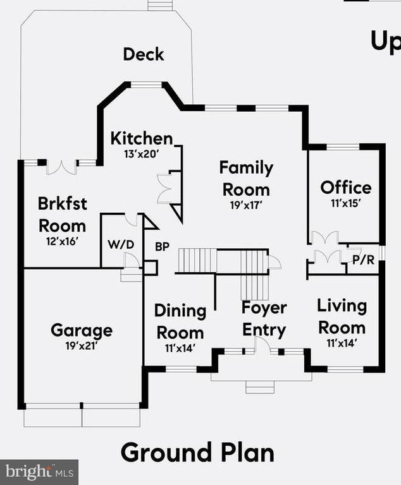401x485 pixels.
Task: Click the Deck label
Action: coord(144,54)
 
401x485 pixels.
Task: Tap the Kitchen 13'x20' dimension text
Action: coord(142,153)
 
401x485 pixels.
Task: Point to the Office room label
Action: coord(346,188)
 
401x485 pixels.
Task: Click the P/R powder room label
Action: coord(364,260)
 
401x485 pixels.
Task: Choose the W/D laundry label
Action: coord(121,244)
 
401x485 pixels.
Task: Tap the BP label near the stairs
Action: coord(162,246)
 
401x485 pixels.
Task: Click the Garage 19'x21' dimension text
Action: coord(82,345)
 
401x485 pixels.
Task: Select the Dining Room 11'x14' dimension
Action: coord(180,349)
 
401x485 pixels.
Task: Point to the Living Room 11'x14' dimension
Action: coord(342,343)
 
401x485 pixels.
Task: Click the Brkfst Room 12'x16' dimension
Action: coord(62,241)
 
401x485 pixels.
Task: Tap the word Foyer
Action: coord(264,308)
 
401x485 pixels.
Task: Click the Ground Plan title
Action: coord(197,452)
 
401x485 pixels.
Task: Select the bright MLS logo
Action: coord(39,472)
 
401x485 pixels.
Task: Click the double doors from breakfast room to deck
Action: coord(61,167)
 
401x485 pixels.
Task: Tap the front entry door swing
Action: coord(262,345)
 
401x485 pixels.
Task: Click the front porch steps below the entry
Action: coord(260,387)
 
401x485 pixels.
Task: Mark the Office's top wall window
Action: coord(343,147)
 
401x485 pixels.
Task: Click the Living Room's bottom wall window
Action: coord(345,369)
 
